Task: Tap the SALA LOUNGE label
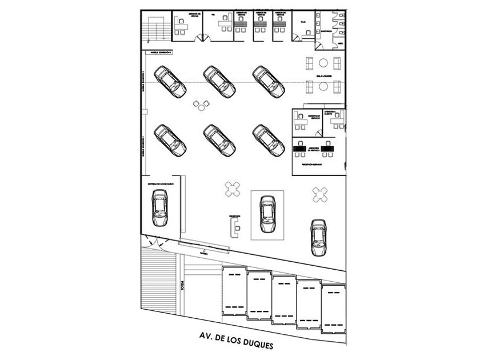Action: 323,75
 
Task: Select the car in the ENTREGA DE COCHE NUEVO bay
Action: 159,207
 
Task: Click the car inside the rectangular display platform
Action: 267,214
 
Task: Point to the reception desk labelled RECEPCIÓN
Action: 234,227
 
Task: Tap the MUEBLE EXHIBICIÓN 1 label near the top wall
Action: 161,52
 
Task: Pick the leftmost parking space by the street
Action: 234,292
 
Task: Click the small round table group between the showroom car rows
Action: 202,105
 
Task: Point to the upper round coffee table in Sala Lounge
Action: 323,63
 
